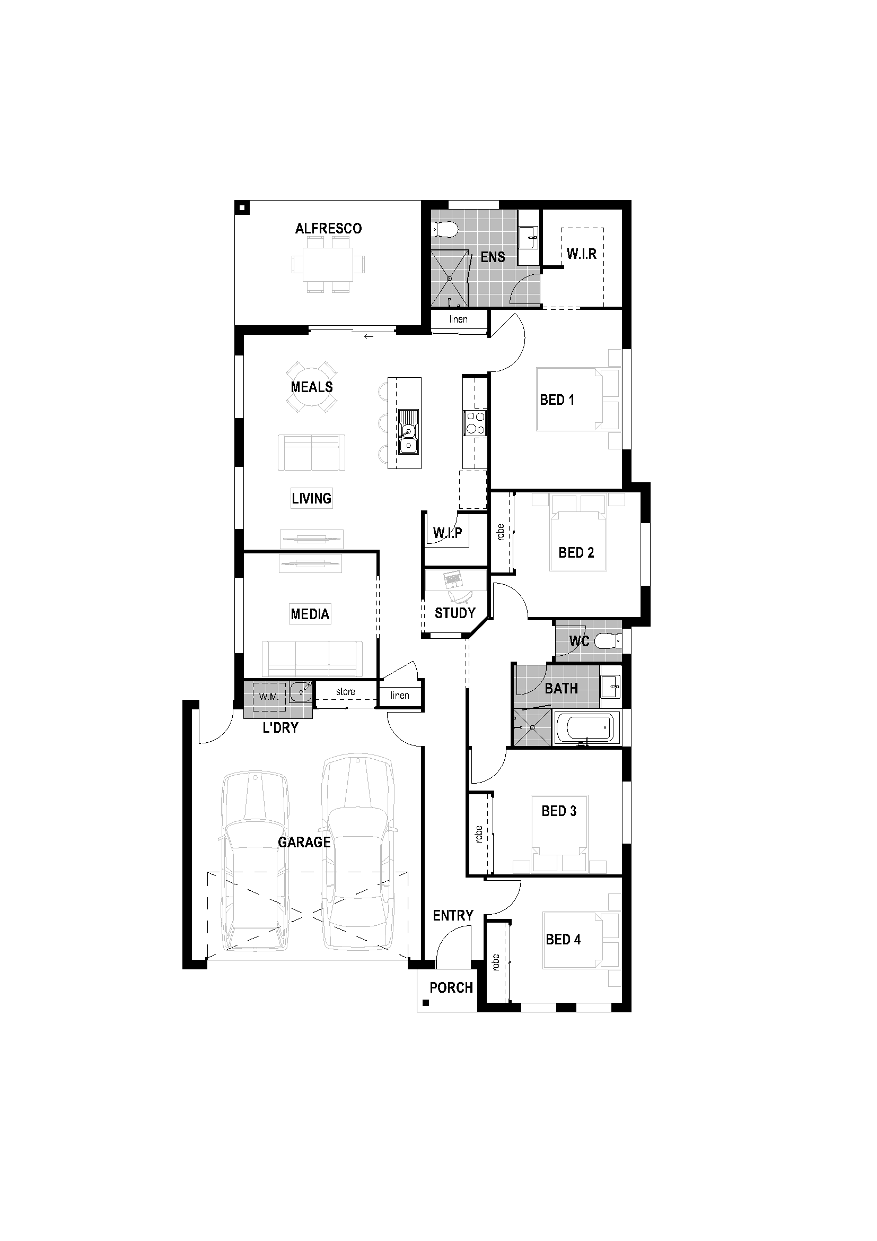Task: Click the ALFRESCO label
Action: click(x=328, y=229)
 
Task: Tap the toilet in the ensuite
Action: click(x=445, y=230)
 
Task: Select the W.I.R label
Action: click(x=582, y=254)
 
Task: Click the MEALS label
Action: click(x=312, y=387)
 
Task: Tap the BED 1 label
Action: click(x=557, y=400)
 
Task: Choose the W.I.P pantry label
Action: click(x=447, y=533)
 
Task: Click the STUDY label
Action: click(x=455, y=613)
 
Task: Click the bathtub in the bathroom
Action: click(x=584, y=729)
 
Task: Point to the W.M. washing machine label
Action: click(x=268, y=696)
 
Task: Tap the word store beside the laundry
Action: click(x=346, y=692)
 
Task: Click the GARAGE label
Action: click(x=304, y=842)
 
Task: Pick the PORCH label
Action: click(x=451, y=988)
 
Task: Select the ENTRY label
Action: click(x=452, y=916)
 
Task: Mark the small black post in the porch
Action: click(x=426, y=1003)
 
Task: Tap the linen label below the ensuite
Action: click(x=458, y=319)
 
